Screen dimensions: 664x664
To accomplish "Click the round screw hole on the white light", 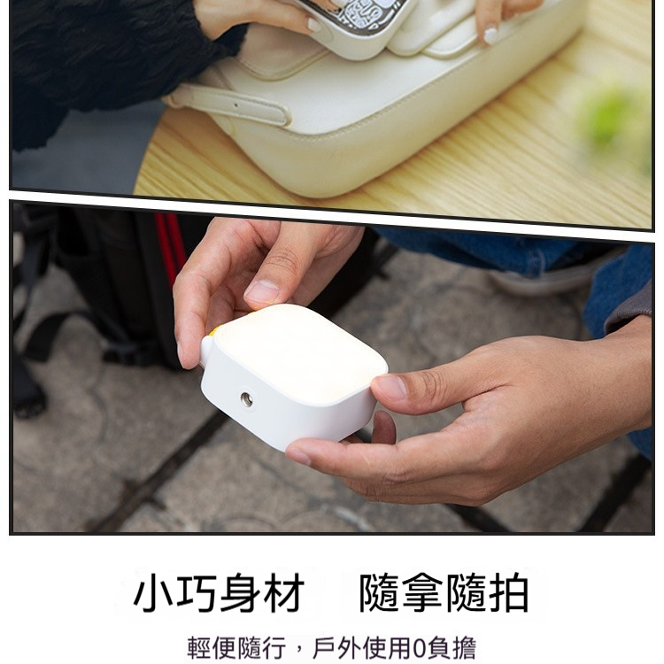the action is coord(246,399).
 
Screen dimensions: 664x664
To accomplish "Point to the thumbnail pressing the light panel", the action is coord(261,293).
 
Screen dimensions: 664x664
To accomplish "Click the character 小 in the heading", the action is coord(153,592).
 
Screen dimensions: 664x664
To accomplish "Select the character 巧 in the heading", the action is coord(197,592).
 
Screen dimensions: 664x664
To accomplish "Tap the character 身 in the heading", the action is coord(240,592).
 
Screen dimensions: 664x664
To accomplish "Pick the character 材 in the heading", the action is coord(283,592).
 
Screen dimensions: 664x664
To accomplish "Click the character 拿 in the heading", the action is coord(423,592).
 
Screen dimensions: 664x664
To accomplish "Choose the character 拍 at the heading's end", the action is coord(509,592).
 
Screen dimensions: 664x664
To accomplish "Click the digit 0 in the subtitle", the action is coord(420,648).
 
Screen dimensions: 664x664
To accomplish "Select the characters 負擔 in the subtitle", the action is coord(452,648).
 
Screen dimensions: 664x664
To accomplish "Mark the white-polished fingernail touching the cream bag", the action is coord(490,35).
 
